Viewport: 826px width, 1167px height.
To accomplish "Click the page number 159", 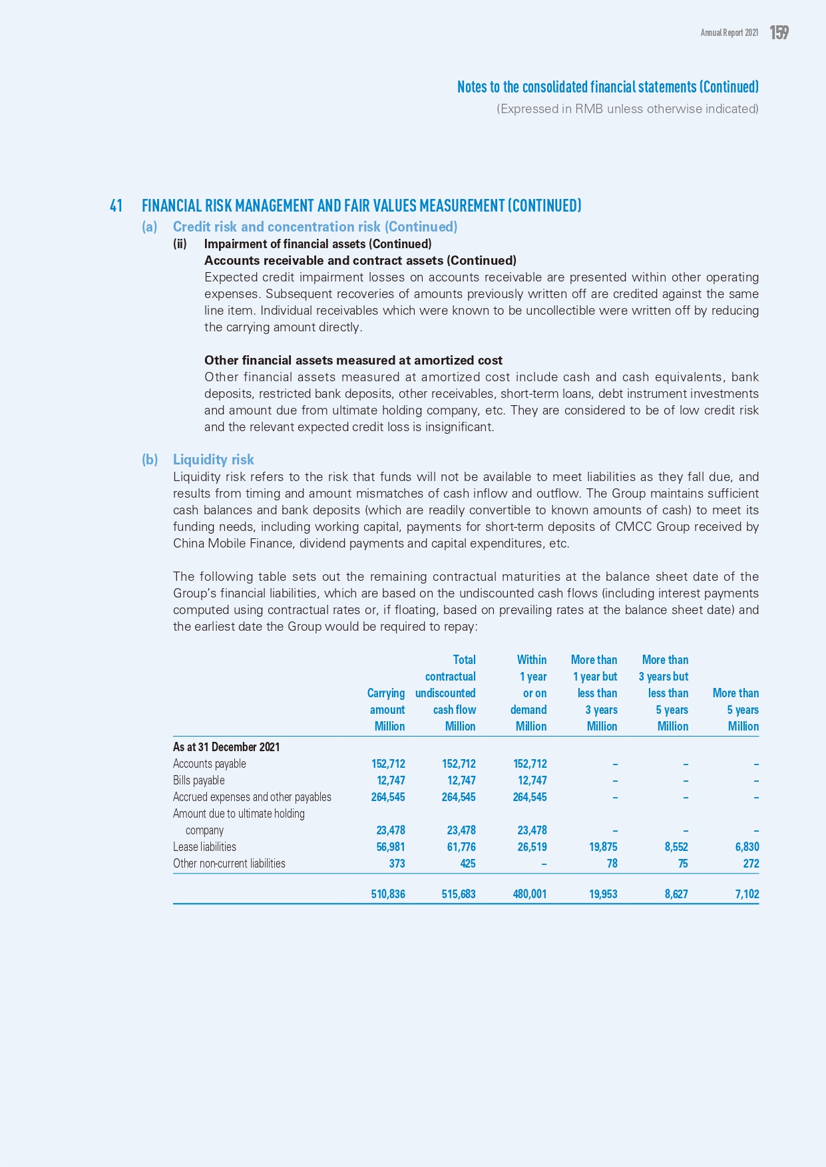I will pos(779,33).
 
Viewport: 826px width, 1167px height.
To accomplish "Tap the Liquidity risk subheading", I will pos(213,460).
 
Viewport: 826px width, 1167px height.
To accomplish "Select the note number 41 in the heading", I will pos(116,206).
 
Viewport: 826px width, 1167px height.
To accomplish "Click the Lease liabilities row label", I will pos(204,847).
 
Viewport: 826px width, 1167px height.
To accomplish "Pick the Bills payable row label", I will pos(198,780).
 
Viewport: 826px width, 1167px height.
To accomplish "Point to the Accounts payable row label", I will pos(209,764).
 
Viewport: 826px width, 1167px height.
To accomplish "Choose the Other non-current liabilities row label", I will pos(229,864).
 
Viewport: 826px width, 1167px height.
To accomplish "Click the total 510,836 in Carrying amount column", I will pos(387,894).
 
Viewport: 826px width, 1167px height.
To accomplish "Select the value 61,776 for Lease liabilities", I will pos(459,847).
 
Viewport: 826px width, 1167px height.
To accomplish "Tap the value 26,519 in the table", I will pos(530,847).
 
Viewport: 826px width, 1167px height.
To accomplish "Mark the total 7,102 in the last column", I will pos(747,894).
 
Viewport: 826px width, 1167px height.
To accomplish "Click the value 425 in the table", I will pos(467,864).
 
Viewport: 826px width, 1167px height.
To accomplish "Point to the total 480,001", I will pos(529,894).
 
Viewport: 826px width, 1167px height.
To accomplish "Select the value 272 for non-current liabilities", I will pos(750,864).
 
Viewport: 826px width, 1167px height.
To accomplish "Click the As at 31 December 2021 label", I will pos(226,747).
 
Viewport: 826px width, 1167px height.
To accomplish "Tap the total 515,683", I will pos(459,894).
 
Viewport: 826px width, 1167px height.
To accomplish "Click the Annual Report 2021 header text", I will pos(729,33).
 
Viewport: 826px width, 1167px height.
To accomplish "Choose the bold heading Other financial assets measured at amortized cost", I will pos(353,361).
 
